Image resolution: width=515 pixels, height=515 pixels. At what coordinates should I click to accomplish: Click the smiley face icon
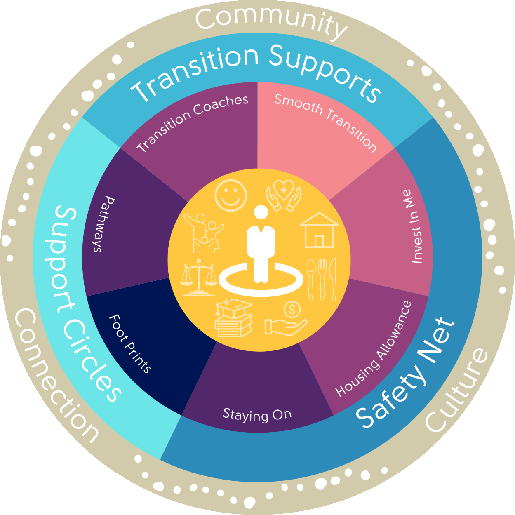pos(230,195)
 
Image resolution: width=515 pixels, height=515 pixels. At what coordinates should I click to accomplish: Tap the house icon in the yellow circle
pos(319,230)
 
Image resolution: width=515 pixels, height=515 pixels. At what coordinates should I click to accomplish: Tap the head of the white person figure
pos(261,213)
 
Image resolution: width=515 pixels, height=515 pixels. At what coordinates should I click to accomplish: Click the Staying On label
pos(257,414)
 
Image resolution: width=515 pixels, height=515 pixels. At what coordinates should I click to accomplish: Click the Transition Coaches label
pos(193,122)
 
